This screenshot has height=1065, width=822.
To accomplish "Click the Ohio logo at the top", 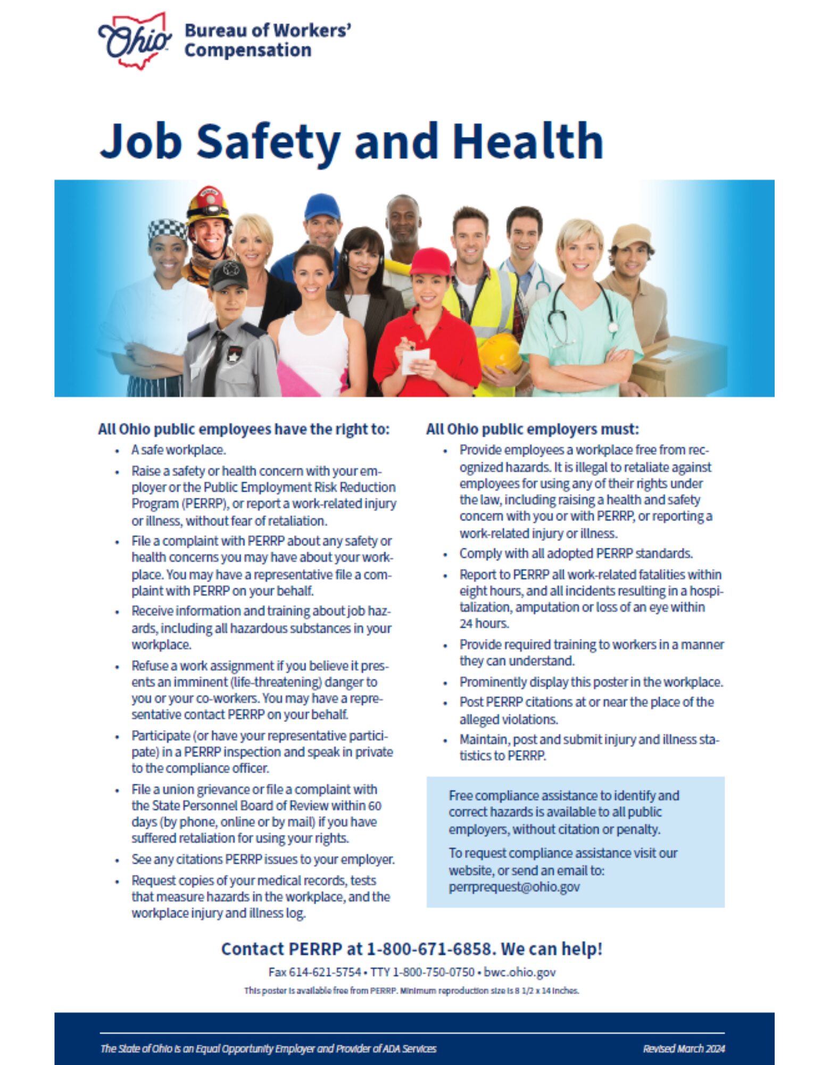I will point(135,41).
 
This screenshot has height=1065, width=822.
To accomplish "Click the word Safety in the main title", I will point(268,142).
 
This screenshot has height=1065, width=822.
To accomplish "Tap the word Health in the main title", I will point(528,142).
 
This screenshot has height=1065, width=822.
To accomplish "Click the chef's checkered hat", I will point(168,229).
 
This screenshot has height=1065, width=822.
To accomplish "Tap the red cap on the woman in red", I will point(429,261).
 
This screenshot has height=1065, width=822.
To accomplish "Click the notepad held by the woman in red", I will point(416,360).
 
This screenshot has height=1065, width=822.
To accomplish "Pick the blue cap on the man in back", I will point(322,206).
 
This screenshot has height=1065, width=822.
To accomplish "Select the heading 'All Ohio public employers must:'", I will point(532,429).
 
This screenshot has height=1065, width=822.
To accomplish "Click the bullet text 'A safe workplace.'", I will point(178,450).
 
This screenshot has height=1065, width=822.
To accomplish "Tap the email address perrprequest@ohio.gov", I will point(514,887).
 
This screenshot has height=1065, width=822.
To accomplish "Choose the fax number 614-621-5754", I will point(325,972).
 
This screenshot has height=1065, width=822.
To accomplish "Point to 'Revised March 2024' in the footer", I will point(684,1048).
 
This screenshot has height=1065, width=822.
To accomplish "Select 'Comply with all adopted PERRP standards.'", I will point(576,554).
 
